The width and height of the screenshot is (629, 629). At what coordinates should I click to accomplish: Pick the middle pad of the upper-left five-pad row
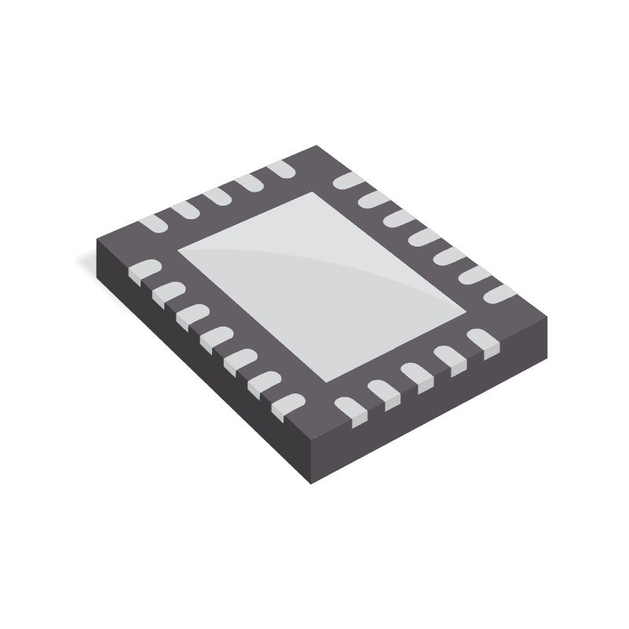coord(218,197)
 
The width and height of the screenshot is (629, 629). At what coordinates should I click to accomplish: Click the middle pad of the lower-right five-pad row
coord(416,375)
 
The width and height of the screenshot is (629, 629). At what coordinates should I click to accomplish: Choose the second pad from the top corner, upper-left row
coord(250,183)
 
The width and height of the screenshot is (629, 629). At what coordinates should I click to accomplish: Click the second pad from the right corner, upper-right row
coord(471,274)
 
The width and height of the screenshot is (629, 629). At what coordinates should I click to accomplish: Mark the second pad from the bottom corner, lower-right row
coord(383,392)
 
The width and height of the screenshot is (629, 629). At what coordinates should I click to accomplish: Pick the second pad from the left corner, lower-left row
coord(167,293)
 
